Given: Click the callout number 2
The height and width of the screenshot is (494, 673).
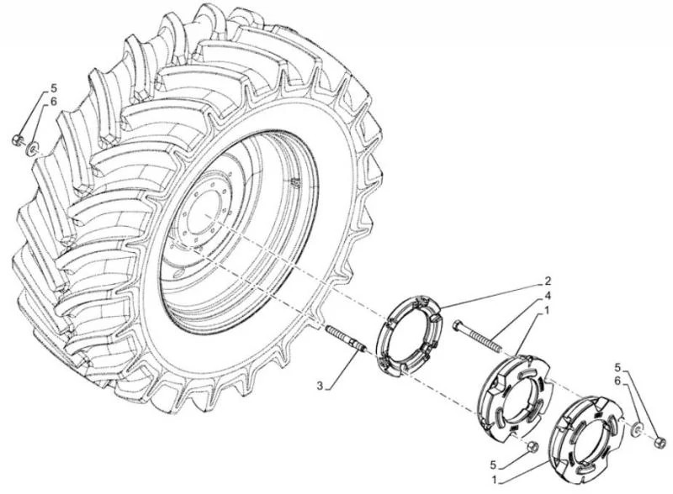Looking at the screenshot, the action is click(548, 281).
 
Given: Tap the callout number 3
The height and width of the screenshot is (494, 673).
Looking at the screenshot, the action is click(320, 386).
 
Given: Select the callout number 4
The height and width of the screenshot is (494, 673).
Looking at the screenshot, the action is click(548, 296).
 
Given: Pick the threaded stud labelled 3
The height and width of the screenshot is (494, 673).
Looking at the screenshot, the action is click(346, 339).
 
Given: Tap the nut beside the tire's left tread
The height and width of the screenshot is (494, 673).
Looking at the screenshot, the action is click(17, 139).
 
